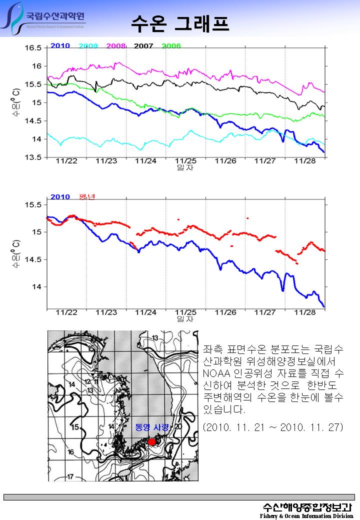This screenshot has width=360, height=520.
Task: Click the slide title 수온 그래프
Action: click(180, 22)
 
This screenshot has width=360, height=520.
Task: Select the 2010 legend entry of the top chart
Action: click(60, 46)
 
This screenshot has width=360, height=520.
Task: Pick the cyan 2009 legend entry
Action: click(88, 46)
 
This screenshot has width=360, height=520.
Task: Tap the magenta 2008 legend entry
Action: click(116, 46)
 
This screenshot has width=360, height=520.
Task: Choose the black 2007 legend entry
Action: click(143, 46)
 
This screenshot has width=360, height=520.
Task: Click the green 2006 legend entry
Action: click(171, 46)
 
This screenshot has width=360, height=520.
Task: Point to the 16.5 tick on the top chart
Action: click(33, 48)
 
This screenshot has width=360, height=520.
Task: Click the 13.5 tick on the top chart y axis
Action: click(33, 157)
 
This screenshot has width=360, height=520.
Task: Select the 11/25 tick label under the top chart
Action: click(185, 161)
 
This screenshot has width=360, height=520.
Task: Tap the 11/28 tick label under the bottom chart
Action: click(305, 312)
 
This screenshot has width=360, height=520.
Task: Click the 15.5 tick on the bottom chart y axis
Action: click(33, 204)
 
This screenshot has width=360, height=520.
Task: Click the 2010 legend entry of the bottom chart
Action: click(60, 197)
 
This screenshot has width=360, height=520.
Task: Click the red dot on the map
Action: click(151, 441)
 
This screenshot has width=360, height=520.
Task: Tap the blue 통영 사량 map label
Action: click(152, 427)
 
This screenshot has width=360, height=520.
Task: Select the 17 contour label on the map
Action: click(70, 476)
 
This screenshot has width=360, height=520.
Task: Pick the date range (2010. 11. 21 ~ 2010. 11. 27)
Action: click(273, 428)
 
